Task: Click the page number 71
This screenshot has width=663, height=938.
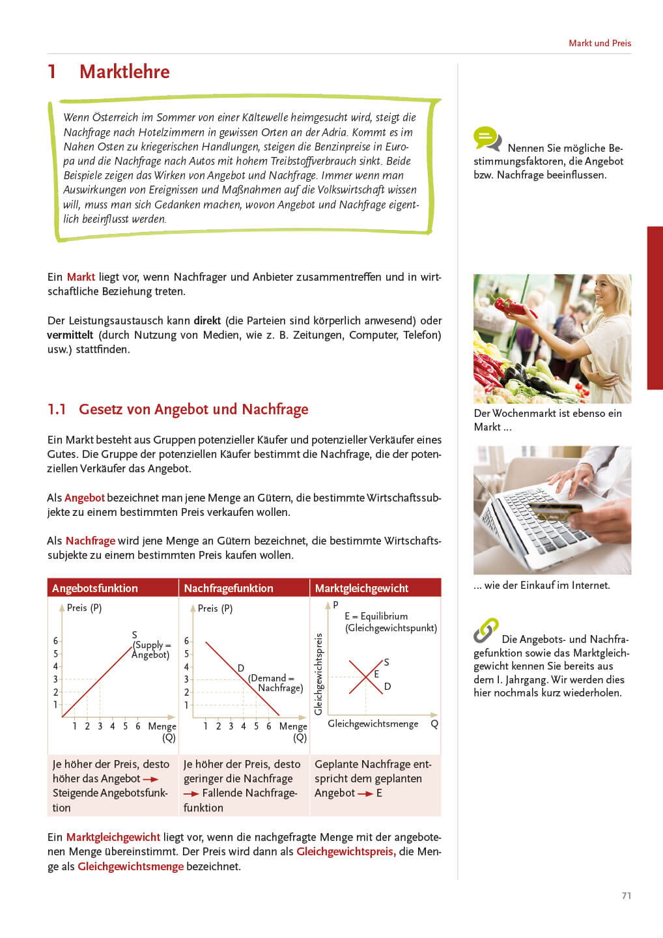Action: click(x=626, y=896)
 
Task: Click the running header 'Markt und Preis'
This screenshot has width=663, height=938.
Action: click(x=599, y=43)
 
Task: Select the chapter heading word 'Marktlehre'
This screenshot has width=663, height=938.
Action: click(x=124, y=72)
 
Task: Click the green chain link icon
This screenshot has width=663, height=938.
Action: click(x=486, y=630)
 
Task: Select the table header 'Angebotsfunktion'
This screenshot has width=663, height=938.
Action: click(x=95, y=588)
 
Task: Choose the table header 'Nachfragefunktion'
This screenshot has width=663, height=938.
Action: click(x=228, y=588)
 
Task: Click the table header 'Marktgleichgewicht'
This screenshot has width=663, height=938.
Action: click(x=361, y=588)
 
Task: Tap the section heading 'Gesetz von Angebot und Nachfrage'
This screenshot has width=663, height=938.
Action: click(x=193, y=409)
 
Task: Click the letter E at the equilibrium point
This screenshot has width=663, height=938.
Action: click(x=376, y=674)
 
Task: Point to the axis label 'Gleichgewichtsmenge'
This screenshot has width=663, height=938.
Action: click(x=373, y=724)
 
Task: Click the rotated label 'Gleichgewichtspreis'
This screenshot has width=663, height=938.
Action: click(x=318, y=674)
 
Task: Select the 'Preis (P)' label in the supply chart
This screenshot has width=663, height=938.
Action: click(x=84, y=608)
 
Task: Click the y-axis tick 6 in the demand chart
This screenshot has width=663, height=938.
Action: click(x=186, y=641)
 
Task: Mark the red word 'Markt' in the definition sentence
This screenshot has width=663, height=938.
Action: click(x=81, y=277)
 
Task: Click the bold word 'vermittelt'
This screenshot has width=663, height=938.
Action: click(x=70, y=335)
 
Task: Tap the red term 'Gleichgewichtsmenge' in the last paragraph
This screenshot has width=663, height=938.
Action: click(x=130, y=866)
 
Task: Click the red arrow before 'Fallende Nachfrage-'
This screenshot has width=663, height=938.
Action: click(x=191, y=793)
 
